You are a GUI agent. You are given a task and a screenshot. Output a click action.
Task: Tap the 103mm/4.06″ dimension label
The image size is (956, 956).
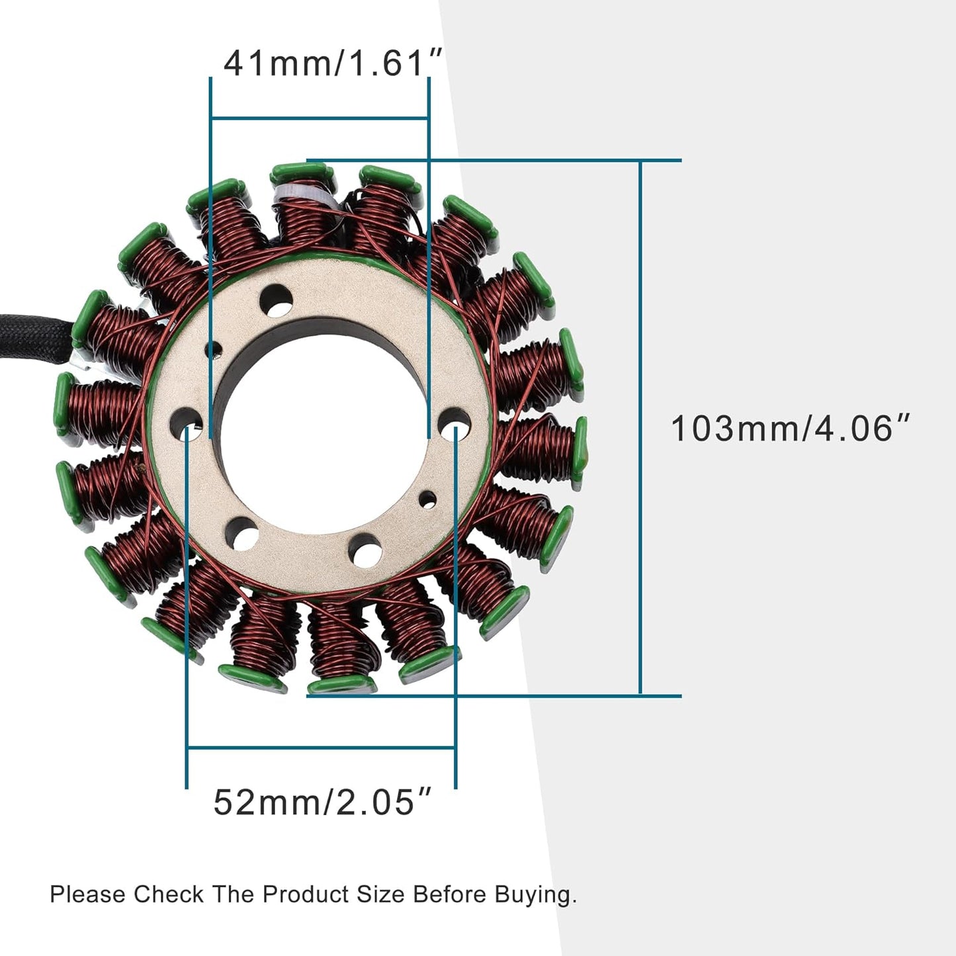click(791, 428)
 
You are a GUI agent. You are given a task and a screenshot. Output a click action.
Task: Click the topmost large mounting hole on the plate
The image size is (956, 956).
click(275, 301)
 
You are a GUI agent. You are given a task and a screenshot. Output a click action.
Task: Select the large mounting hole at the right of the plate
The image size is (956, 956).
click(455, 423)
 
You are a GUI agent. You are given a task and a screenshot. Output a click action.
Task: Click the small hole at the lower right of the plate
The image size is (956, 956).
click(428, 499)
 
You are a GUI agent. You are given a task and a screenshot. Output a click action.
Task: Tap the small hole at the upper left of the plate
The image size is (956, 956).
click(214, 349)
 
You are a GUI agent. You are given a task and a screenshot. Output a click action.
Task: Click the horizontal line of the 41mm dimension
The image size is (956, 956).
click(320, 118)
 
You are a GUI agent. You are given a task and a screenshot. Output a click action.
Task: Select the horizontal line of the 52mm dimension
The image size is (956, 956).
click(321, 748)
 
